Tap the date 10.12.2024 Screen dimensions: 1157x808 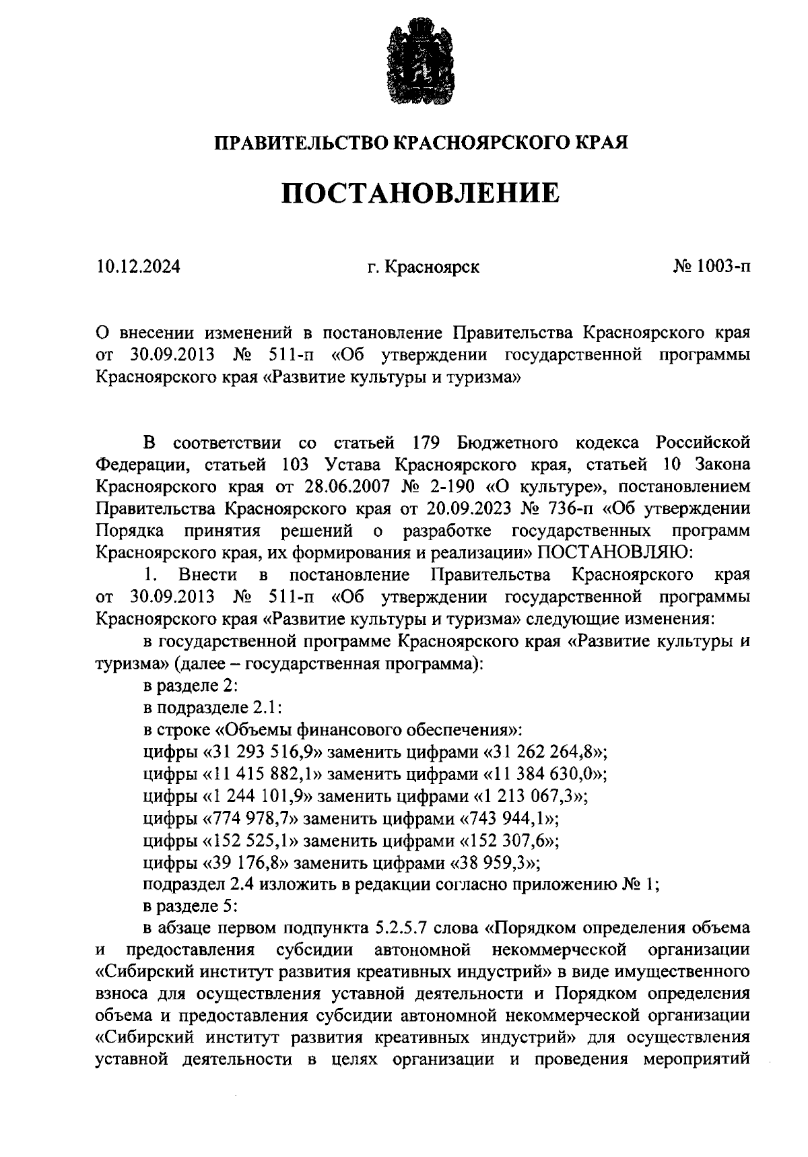[x=138, y=267]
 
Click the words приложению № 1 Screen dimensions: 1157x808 [x=597, y=885]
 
